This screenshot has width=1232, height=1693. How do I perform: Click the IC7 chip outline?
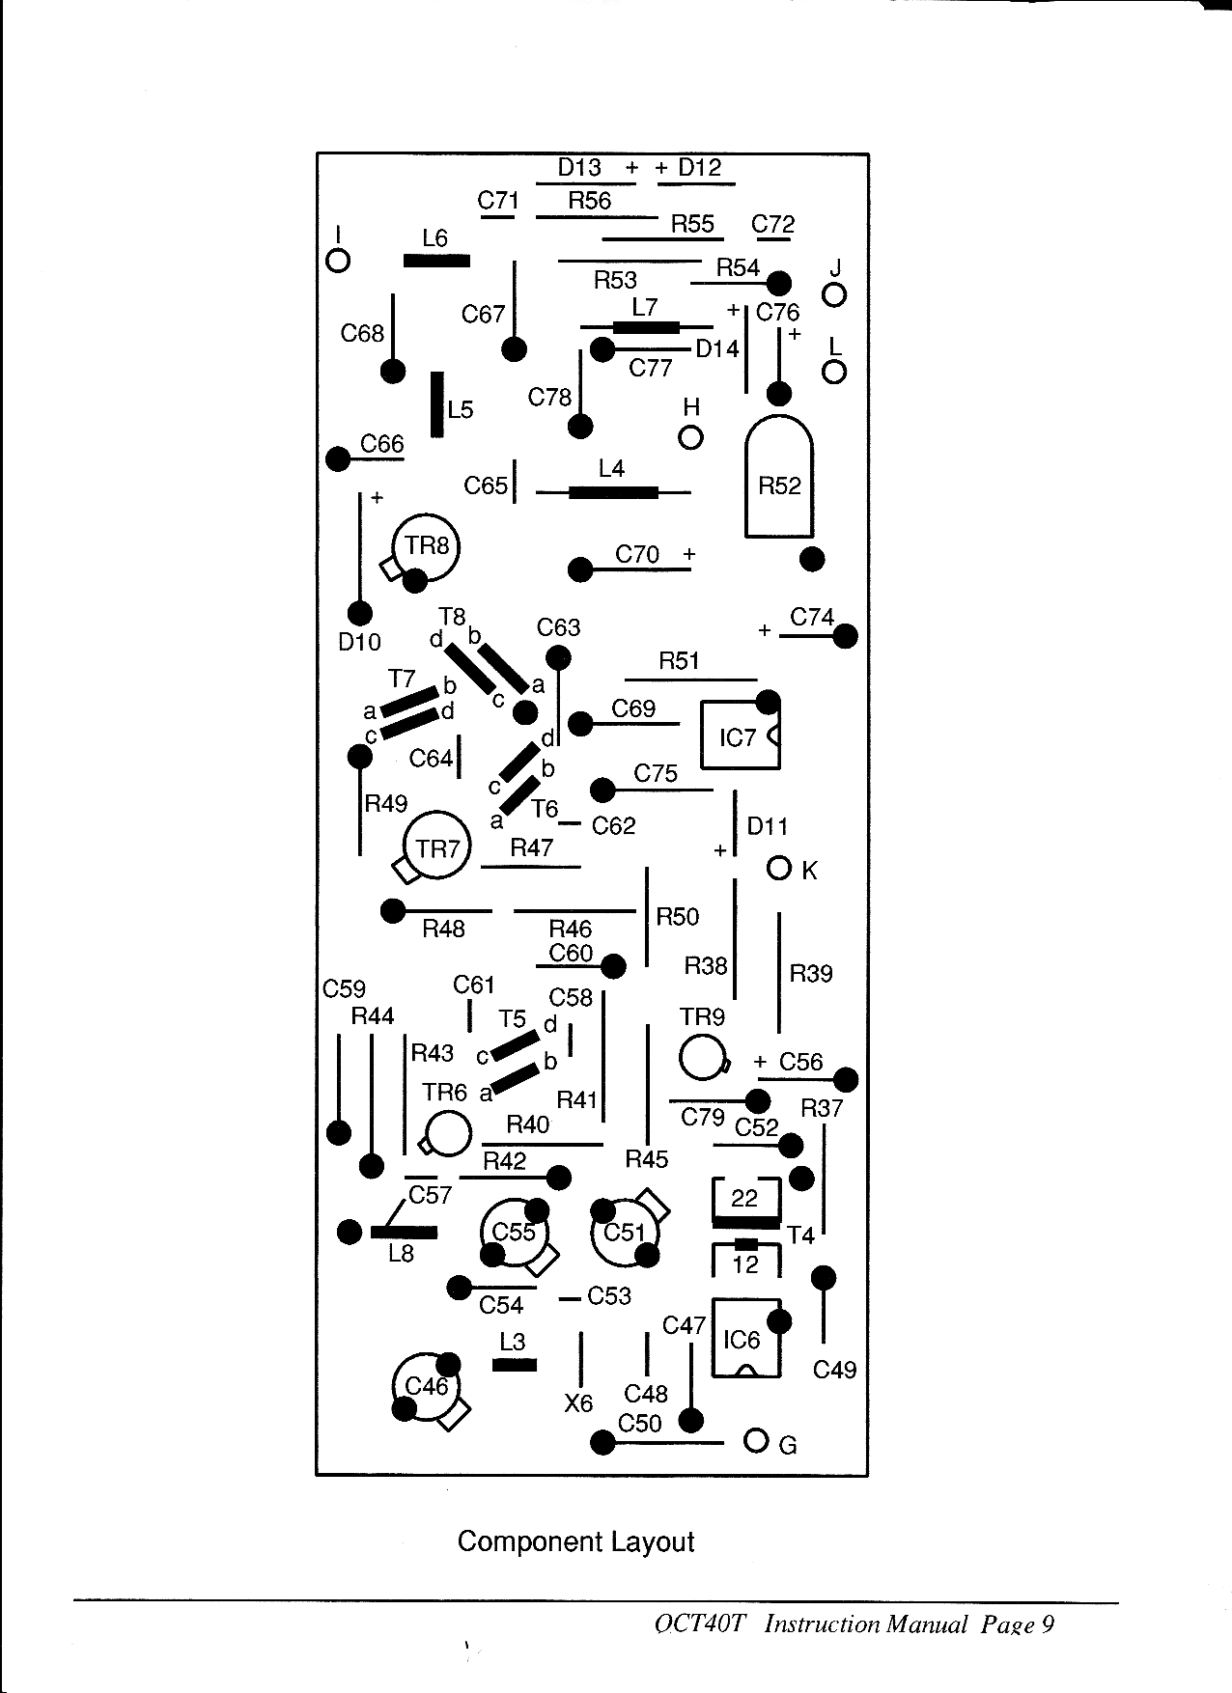tap(740, 735)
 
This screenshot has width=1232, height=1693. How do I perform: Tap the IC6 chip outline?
tap(745, 1338)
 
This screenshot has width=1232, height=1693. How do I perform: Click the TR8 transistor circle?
tap(426, 546)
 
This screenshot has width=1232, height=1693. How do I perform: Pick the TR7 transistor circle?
tap(436, 847)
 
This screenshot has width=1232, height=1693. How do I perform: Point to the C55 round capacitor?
tap(515, 1233)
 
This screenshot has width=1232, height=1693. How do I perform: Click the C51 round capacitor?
tap(624, 1233)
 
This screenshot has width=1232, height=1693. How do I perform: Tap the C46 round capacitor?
tap(425, 1387)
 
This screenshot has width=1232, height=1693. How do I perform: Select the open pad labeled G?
tap(756, 1441)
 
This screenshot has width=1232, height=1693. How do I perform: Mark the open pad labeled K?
tap(779, 868)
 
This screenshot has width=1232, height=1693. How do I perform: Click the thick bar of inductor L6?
tap(436, 261)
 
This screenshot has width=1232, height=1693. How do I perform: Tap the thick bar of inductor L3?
tap(515, 1365)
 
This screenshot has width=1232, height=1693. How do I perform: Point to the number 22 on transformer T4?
tap(744, 1198)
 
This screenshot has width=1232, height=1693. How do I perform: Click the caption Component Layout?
tap(575, 1541)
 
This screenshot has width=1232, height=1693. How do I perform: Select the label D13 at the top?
tap(579, 167)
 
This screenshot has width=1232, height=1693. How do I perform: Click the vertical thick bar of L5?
tap(437, 404)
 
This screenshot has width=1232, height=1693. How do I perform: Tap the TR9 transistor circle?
tap(701, 1058)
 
